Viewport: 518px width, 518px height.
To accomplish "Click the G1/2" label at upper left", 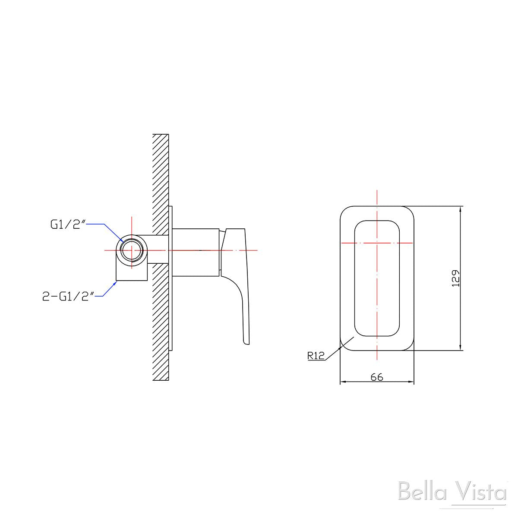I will pyautogui.click(x=68, y=224).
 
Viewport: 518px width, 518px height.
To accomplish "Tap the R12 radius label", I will pyautogui.click(x=316, y=356).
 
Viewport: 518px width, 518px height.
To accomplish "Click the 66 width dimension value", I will pyautogui.click(x=377, y=377).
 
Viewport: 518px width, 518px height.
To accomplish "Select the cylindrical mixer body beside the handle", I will pyautogui.click(x=196, y=251).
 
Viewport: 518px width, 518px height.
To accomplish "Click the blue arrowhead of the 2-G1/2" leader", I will pyautogui.click(x=116, y=282).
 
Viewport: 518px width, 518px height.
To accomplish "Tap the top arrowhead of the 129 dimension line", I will pyautogui.click(x=461, y=209).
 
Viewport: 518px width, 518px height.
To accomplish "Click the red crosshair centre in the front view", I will pyautogui.click(x=377, y=243).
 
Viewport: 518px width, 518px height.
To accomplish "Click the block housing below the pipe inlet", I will pyautogui.click(x=132, y=272).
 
